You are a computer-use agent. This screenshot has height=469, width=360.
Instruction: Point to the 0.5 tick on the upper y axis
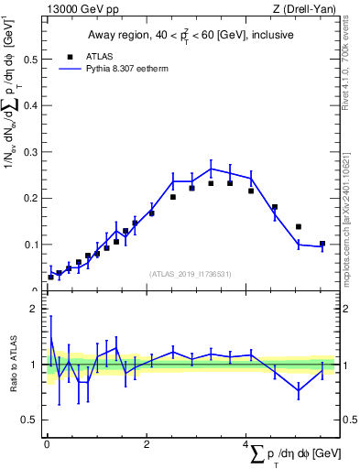tap(29, 60)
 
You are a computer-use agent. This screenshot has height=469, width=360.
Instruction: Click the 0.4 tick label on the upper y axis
tap(29, 105)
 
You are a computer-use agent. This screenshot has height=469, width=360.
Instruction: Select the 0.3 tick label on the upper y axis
tap(29, 152)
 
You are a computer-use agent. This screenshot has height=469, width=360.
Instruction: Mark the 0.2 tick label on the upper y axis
tap(29, 198)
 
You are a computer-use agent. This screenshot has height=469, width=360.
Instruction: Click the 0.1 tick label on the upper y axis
tap(29, 245)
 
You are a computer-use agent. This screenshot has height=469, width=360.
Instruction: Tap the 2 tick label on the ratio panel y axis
tap(33, 309)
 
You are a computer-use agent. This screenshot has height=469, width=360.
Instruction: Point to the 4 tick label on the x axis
tap(247, 444)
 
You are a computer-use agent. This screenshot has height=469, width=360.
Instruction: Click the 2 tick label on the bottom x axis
tap(147, 444)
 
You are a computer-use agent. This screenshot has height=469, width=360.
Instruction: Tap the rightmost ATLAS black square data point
tap(322, 244)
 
